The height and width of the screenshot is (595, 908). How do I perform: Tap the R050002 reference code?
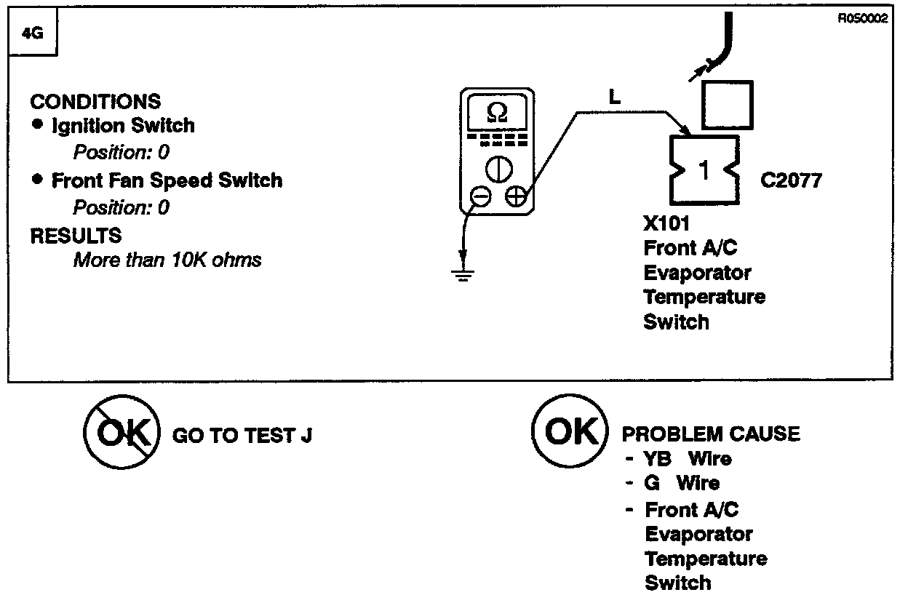click(863, 19)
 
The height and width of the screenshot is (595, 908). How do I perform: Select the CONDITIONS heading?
click(95, 101)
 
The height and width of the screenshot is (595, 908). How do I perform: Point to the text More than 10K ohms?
click(167, 260)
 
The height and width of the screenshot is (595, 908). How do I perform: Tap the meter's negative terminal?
click(479, 196)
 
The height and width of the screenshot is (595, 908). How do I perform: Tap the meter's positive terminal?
click(514, 196)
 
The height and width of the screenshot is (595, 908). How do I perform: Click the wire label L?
click(614, 97)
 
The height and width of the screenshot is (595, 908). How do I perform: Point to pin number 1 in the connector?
click(703, 170)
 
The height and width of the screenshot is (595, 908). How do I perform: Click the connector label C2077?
click(790, 180)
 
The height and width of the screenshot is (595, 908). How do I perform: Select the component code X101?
click(666, 223)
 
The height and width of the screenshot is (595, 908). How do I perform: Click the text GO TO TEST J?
click(242, 435)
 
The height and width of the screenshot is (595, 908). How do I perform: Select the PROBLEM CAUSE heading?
click(710, 434)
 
